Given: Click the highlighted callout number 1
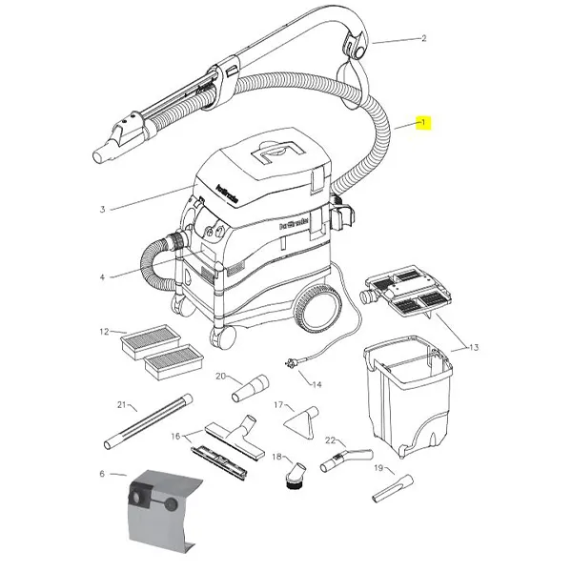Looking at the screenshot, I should pyautogui.click(x=425, y=123).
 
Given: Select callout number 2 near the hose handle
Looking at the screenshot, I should pyautogui.click(x=423, y=39).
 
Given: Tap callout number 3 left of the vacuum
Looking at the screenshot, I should pyautogui.click(x=101, y=209).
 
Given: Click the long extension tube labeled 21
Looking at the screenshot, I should pyautogui.click(x=143, y=423).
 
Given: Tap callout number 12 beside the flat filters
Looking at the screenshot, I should pyautogui.click(x=105, y=332).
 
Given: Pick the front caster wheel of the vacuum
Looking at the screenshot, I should pyautogui.click(x=222, y=336).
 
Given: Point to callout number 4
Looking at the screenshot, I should pyautogui.click(x=102, y=277).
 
